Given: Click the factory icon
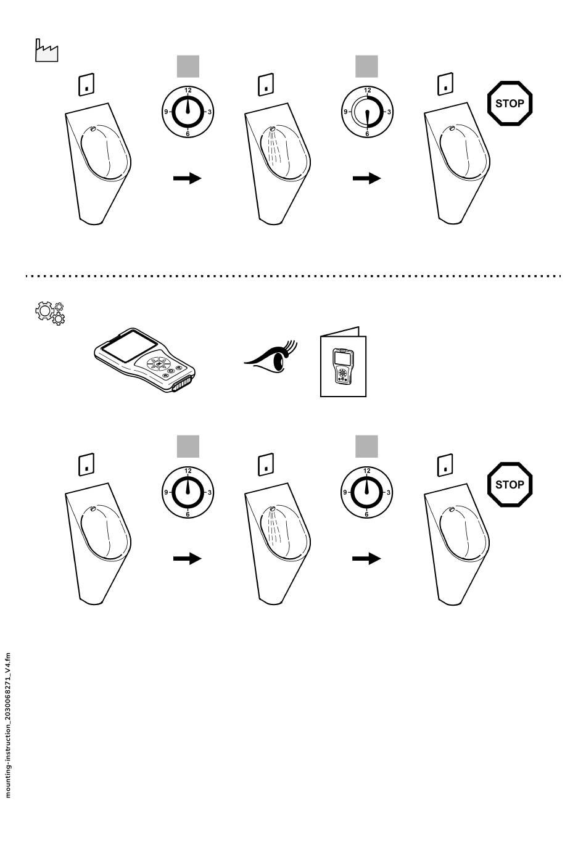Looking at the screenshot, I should [x=46, y=51].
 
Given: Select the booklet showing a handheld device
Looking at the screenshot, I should [x=343, y=363].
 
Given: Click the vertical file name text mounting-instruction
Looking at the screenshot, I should [x=8, y=724].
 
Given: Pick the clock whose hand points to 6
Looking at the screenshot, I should [x=367, y=112].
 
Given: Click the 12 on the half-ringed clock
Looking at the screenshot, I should [x=368, y=91].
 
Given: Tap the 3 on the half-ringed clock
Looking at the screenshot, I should [x=389, y=112].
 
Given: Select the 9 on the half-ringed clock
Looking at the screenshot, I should [x=345, y=112].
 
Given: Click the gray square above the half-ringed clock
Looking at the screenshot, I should [x=366, y=66].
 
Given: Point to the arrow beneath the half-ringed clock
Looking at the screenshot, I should [x=366, y=178].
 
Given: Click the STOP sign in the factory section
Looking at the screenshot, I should [x=510, y=103].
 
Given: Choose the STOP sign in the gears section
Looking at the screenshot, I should [x=510, y=484].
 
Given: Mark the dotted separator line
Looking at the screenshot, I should [x=293, y=276].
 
